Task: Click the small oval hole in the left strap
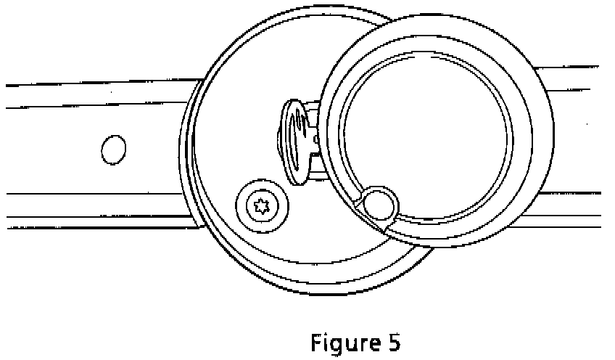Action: [113, 150]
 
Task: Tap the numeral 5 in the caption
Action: [393, 342]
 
